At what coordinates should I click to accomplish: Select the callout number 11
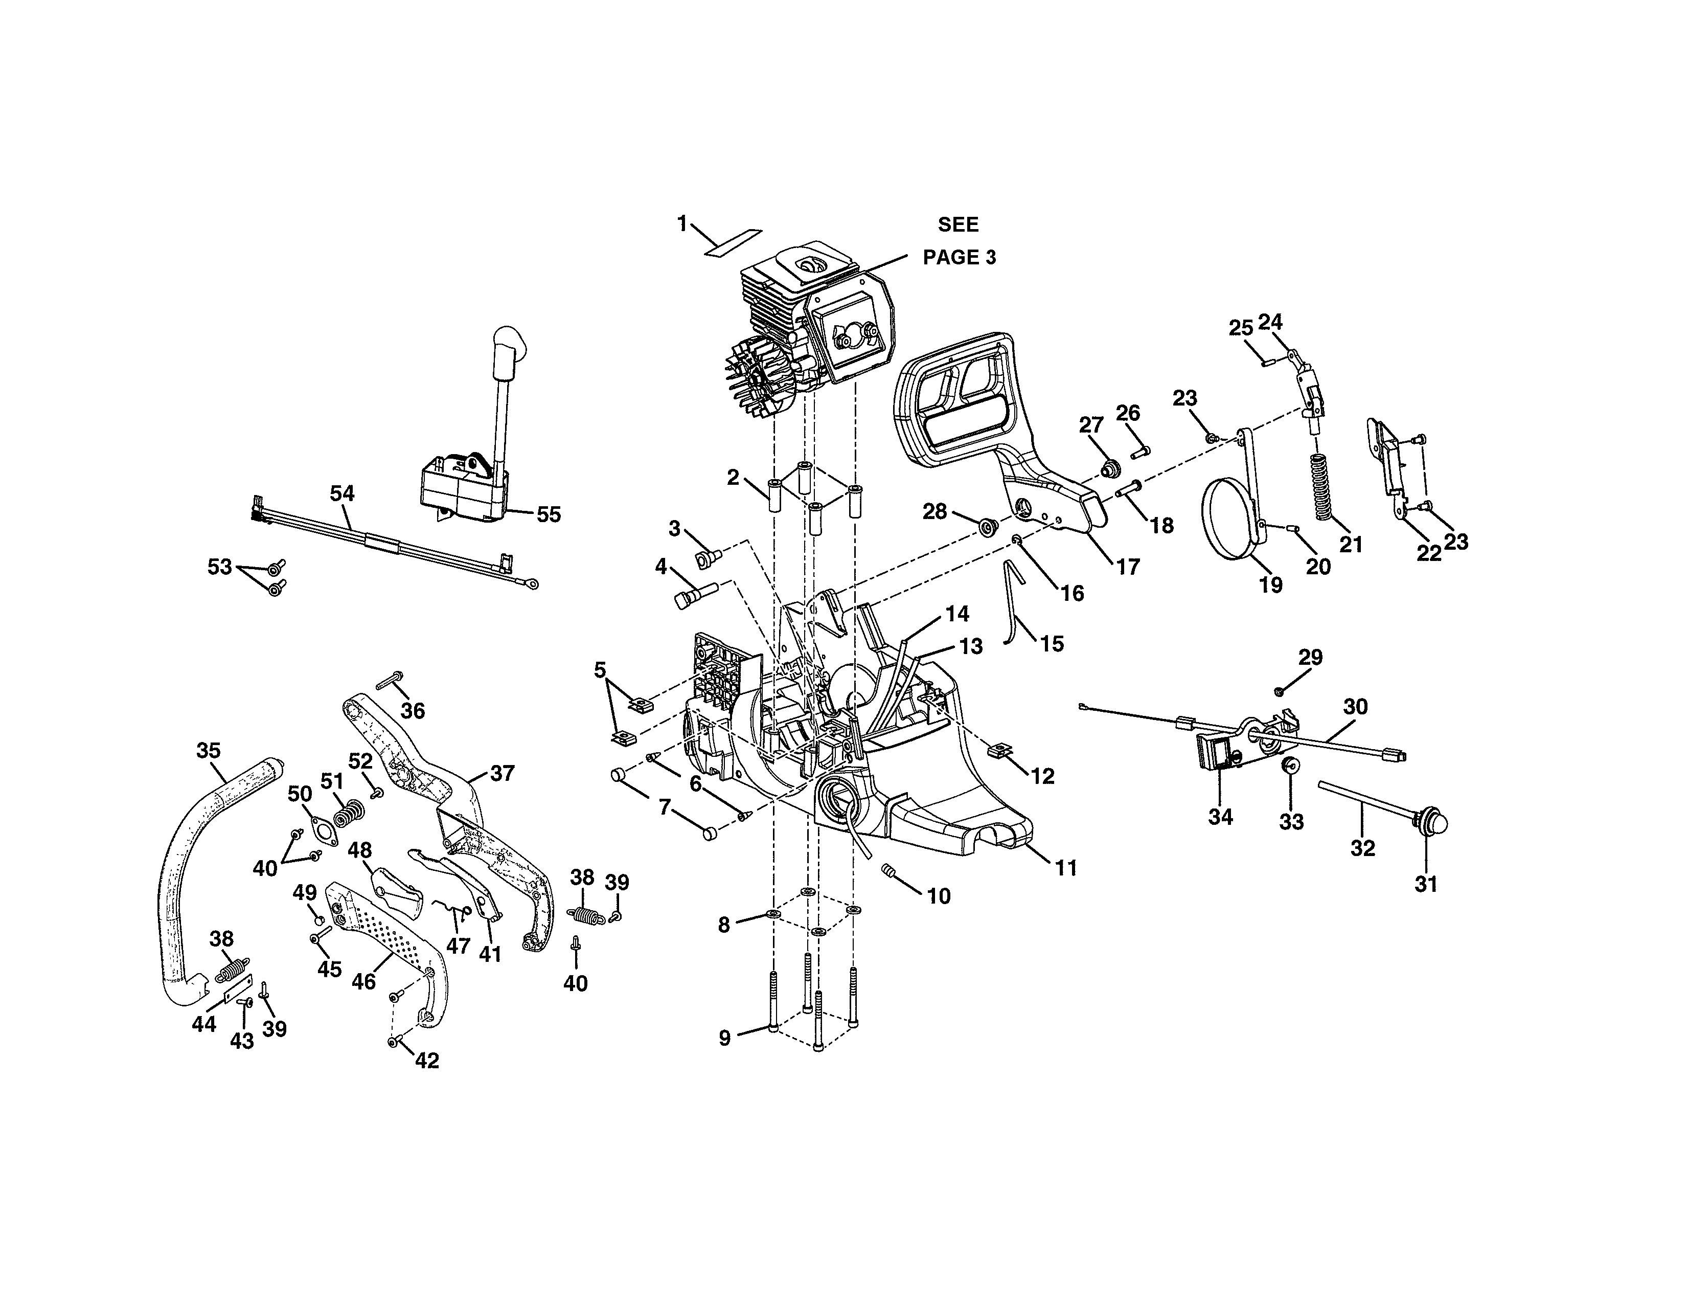(1066, 868)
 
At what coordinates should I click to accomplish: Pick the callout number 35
(209, 750)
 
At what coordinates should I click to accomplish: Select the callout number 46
(364, 981)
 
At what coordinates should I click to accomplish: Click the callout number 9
(724, 1038)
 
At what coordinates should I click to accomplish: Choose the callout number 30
(1356, 706)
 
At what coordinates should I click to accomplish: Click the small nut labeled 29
(1280, 690)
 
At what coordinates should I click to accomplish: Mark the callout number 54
(342, 493)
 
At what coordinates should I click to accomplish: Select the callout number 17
(1129, 567)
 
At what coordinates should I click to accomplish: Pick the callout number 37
(502, 773)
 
